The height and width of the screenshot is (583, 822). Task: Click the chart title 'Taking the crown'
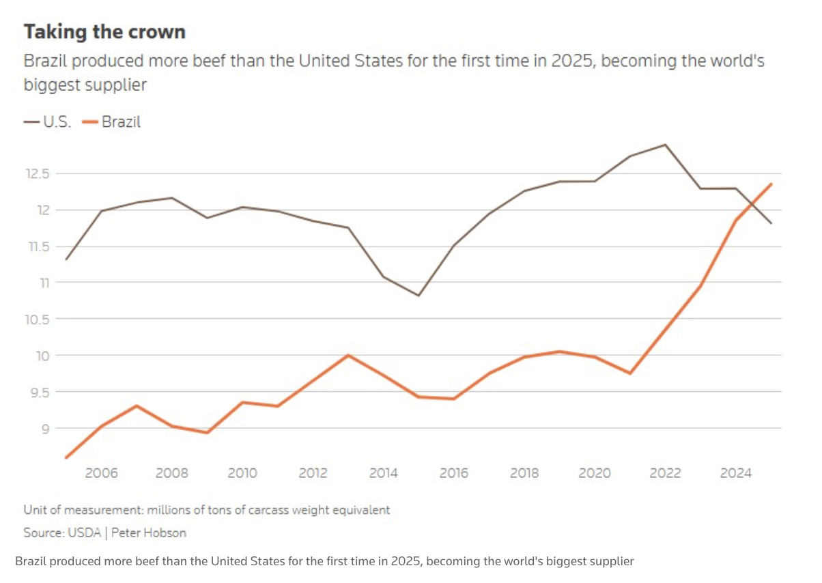click(104, 32)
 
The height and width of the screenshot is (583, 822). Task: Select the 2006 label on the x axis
click(101, 473)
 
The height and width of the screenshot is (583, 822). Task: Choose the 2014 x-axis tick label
click(383, 473)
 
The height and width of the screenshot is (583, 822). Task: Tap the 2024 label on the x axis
click(735, 473)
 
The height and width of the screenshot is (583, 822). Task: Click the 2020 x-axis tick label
click(594, 473)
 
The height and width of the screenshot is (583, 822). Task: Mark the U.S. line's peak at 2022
click(665, 145)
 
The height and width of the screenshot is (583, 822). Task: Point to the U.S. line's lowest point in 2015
click(419, 296)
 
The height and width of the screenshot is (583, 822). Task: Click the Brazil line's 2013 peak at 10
click(348, 355)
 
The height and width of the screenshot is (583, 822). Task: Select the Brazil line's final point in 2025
click(771, 184)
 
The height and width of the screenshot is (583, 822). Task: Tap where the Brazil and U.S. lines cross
click(751, 203)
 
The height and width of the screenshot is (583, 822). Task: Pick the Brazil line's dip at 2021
click(629, 373)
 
